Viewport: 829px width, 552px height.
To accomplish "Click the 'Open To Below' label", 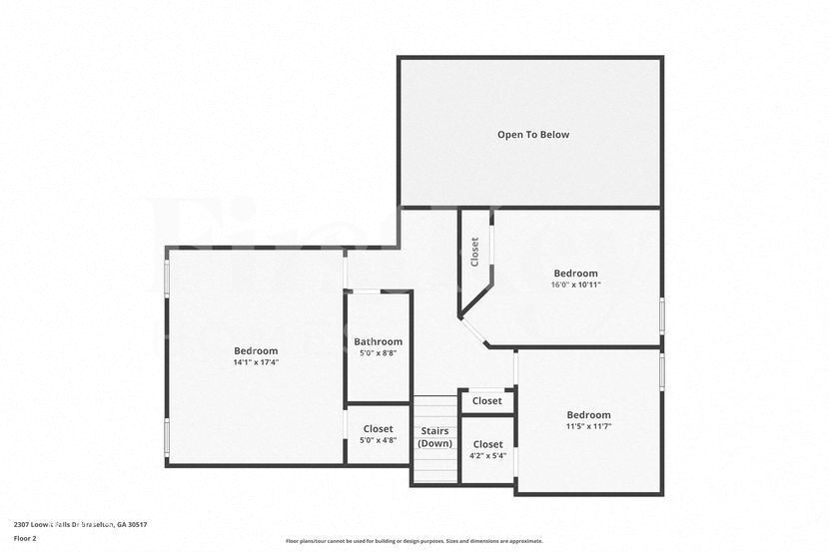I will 533,135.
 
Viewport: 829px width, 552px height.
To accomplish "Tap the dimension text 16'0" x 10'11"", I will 576,284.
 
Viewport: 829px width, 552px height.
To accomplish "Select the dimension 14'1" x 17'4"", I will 256,362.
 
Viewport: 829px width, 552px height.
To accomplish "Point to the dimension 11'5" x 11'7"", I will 588,426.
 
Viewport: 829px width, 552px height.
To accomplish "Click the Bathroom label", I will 378,341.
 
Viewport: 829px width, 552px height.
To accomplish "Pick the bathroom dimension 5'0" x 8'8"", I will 378,353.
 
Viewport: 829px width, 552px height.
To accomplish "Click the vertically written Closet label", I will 474,251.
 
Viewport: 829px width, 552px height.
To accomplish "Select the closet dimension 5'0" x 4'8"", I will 378,440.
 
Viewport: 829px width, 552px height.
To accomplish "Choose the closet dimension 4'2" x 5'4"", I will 487,456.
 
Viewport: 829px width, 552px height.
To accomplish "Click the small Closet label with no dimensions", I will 487,401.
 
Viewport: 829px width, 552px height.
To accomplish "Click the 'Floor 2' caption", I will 25,538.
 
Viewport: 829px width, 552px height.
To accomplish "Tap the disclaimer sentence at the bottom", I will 414,541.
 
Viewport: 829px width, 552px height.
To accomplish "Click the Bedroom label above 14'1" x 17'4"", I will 256,350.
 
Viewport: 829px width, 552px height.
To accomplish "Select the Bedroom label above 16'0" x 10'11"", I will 576,273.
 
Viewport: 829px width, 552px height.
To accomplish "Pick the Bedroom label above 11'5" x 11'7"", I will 588,415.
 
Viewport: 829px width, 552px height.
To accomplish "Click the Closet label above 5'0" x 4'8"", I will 378,429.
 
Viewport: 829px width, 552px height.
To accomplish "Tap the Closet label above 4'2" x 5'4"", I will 487,444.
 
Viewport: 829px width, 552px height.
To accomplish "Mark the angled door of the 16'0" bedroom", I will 473,332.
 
